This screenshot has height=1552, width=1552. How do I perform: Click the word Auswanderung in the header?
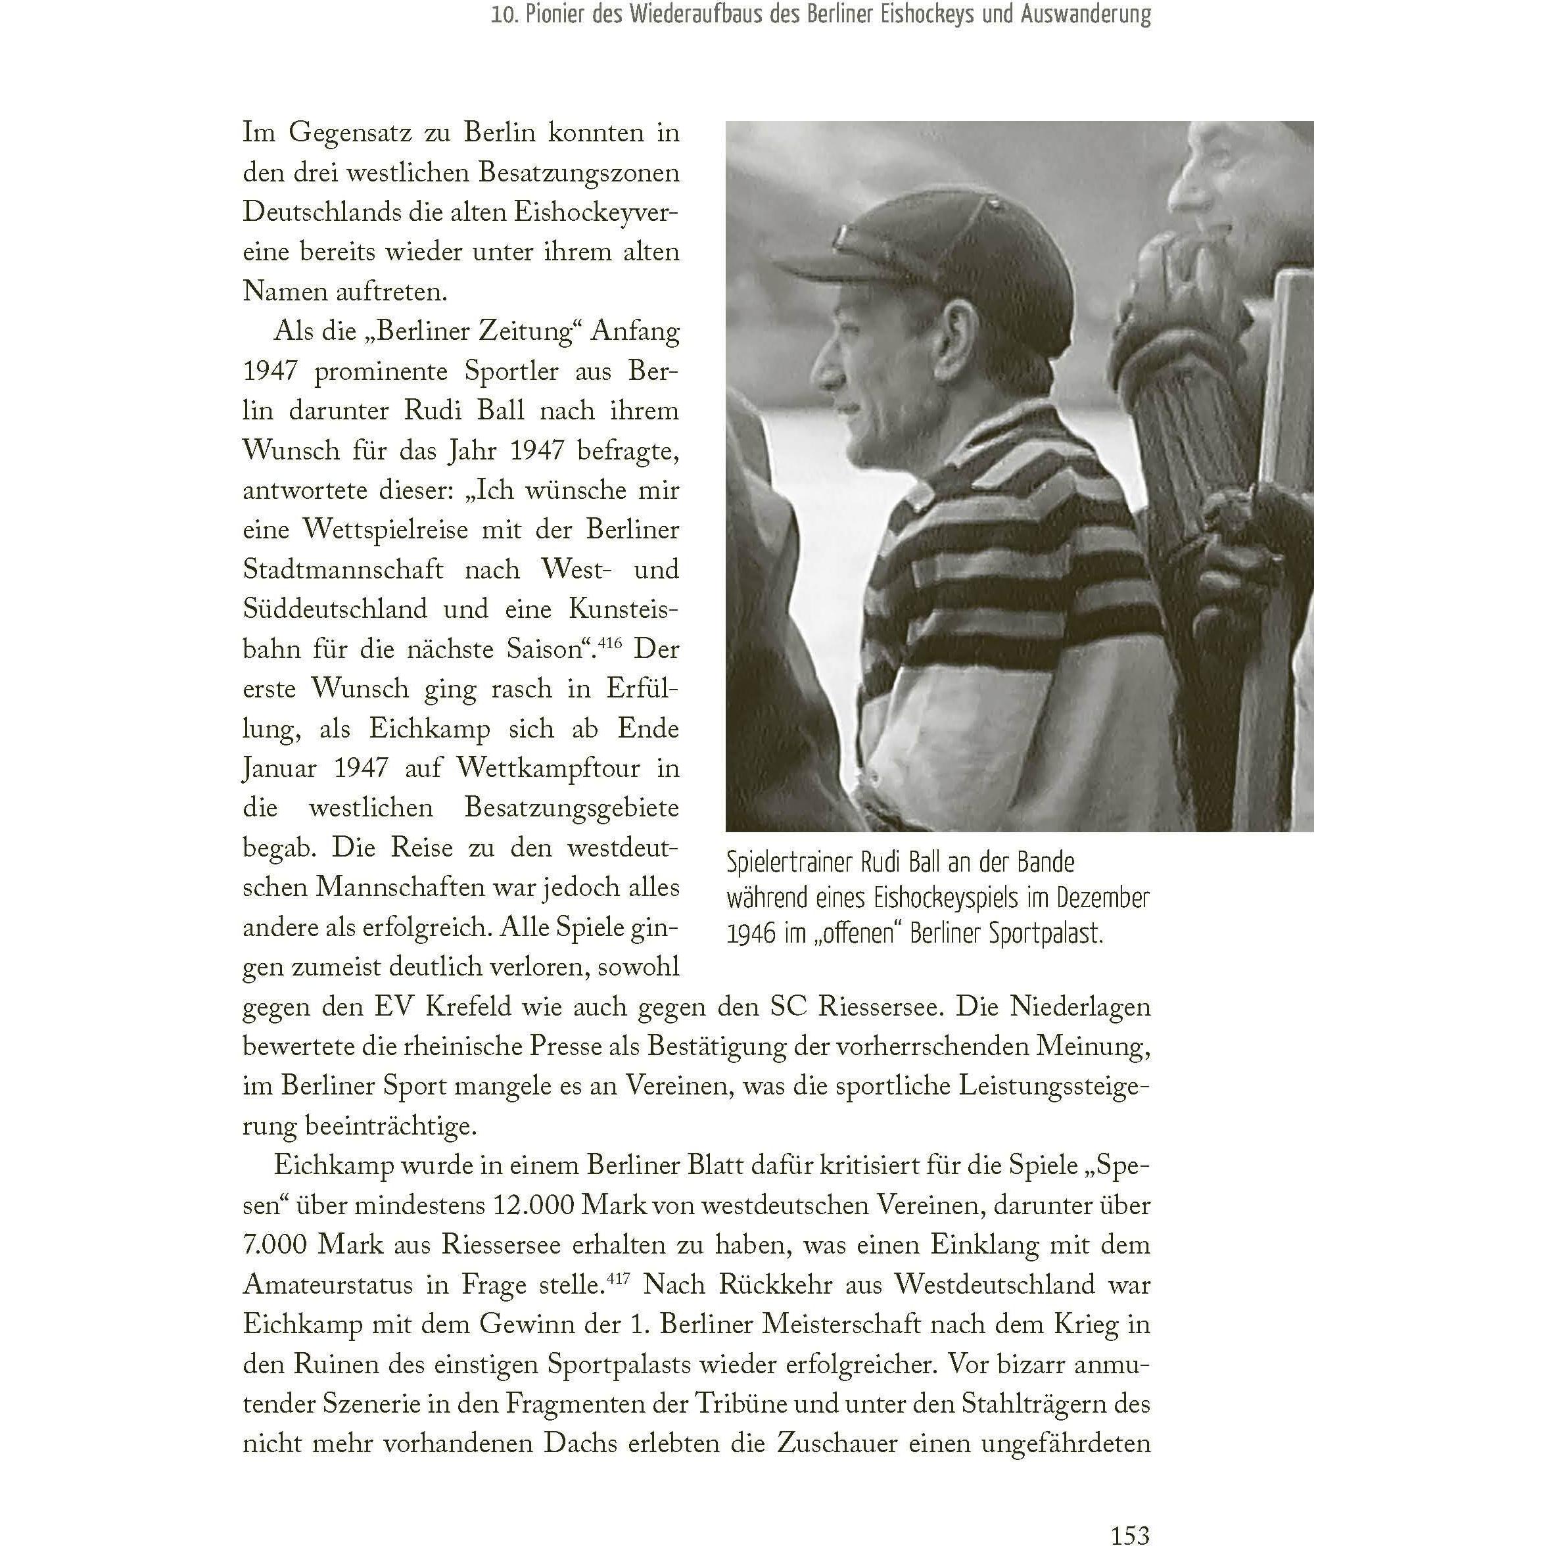1085,14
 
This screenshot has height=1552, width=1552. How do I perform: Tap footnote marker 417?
618,1277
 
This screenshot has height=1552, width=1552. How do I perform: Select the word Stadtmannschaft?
343,569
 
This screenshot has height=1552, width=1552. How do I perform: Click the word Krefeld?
467,1006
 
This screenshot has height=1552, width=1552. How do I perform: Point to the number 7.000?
275,1244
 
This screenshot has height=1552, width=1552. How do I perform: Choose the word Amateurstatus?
328,1284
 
